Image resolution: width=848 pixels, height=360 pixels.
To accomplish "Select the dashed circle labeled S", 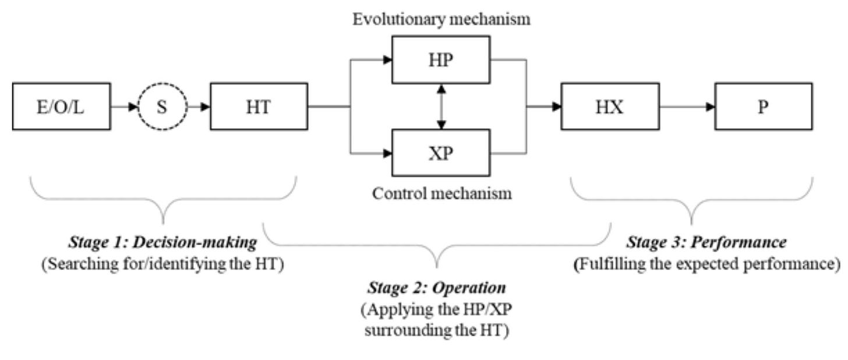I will tap(162, 107).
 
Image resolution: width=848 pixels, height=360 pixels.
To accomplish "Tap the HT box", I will tap(259, 107).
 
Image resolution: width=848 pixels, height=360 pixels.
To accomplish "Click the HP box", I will tap(441, 59).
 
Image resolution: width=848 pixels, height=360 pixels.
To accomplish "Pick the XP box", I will tap(441, 153).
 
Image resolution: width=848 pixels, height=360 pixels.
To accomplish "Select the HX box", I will tap(610, 107).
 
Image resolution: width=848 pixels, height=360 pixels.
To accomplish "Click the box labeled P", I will tap(764, 107).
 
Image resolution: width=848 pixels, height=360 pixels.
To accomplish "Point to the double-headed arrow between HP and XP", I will tap(441, 107).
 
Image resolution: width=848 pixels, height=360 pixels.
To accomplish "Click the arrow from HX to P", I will tap(687, 107).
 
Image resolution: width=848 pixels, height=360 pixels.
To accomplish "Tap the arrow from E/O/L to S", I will tap(124, 107).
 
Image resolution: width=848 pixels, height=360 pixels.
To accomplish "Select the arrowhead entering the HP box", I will tap(386, 59).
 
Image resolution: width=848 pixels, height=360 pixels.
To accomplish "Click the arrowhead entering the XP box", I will tap(386, 153).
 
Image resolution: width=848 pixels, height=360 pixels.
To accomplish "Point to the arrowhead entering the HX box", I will tap(556, 107).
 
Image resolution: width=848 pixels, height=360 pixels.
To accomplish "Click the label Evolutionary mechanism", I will tap(441, 19).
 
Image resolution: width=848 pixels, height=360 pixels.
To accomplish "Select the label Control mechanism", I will tap(442, 193).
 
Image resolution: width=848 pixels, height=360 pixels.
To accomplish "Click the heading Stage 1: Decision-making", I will tap(162, 242).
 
